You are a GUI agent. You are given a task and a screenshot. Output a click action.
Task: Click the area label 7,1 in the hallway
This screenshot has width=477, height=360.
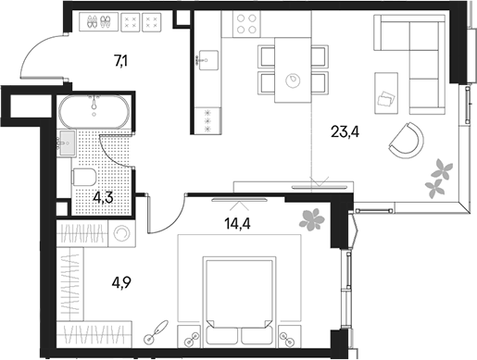tap(121, 63)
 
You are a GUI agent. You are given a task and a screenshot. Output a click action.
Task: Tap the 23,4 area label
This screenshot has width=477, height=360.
tap(344, 130)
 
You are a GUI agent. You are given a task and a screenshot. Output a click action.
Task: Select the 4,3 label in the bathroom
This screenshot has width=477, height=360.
tap(102, 196)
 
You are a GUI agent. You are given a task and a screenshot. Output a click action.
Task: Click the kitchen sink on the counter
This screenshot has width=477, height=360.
tap(206, 58)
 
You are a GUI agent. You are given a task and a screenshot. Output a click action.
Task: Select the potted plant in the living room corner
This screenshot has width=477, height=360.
tap(436, 179)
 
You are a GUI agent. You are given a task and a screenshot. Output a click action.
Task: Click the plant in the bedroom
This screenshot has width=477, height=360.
tap(309, 218)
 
